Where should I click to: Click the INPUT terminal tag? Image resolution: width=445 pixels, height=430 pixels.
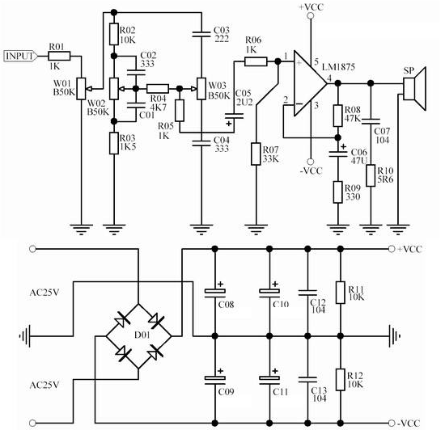point(20,56)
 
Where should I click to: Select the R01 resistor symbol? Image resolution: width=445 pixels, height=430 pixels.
point(59,56)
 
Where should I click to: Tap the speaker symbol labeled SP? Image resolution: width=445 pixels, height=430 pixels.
point(414,88)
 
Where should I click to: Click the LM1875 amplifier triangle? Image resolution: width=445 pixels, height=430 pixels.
point(310,83)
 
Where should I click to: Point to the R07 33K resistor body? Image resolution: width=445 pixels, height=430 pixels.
point(256,154)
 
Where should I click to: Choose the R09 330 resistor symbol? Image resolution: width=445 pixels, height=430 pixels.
point(337,192)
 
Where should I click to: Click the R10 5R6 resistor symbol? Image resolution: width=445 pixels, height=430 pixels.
point(371,175)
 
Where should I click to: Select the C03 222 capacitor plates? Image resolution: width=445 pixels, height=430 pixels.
point(201,34)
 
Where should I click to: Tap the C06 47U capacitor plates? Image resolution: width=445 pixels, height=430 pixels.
point(337,154)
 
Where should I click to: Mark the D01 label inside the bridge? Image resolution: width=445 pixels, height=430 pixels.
point(142,335)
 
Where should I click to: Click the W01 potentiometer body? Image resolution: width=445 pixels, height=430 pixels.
point(81,88)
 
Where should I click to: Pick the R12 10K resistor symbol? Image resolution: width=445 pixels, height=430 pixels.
point(341,380)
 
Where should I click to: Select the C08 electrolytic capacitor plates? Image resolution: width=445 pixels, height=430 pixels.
point(215,293)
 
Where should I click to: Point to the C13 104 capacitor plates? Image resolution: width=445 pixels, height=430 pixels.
point(307,380)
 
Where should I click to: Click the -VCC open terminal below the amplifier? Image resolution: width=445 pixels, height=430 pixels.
point(311,162)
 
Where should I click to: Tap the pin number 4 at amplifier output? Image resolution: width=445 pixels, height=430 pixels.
point(329,78)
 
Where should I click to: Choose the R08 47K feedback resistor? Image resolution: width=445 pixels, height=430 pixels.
point(337,116)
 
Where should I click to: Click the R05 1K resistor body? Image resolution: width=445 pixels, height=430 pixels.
point(180,111)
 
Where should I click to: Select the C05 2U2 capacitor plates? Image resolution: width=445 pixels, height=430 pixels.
point(234,116)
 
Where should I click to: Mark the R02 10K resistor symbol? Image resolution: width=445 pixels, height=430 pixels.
point(114,34)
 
